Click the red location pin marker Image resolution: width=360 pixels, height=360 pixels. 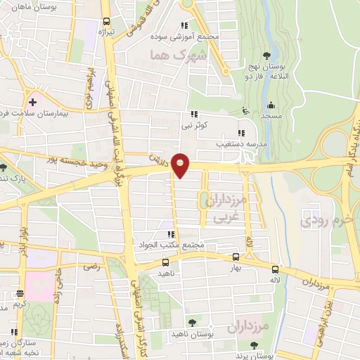pyautogui.click(x=181, y=166)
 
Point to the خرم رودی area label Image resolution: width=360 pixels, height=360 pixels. pyautogui.click(x=325, y=222)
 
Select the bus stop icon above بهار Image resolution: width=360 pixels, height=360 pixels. pyautogui.click(x=236, y=257)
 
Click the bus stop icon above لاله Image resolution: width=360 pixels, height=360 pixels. pyautogui.click(x=275, y=268)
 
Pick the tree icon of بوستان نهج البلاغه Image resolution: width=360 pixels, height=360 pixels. pyautogui.click(x=266, y=56)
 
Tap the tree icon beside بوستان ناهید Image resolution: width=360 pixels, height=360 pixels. pyautogui.click(x=192, y=323)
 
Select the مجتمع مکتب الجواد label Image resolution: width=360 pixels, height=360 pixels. pyautogui.click(x=171, y=245)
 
